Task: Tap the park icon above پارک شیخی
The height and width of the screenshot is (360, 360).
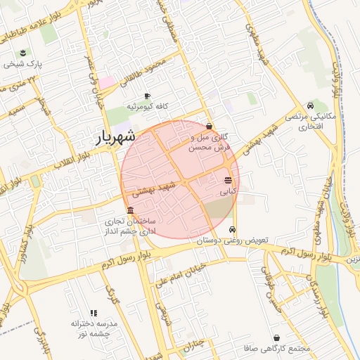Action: click(x=24, y=53)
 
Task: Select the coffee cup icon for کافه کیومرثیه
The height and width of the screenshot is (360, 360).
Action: click(x=146, y=96)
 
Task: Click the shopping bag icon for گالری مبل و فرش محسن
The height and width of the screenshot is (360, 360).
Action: click(x=209, y=127)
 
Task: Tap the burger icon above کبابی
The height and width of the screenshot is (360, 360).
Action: click(x=228, y=181)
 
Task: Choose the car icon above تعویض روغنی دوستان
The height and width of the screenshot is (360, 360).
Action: click(x=233, y=231)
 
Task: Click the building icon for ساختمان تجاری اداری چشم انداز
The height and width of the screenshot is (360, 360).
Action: click(x=130, y=211)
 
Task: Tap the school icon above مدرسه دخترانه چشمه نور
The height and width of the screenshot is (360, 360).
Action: click(x=92, y=313)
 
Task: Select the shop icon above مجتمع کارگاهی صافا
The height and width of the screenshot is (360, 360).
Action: click(x=276, y=338)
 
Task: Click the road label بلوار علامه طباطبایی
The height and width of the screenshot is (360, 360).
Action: click(x=39, y=22)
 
